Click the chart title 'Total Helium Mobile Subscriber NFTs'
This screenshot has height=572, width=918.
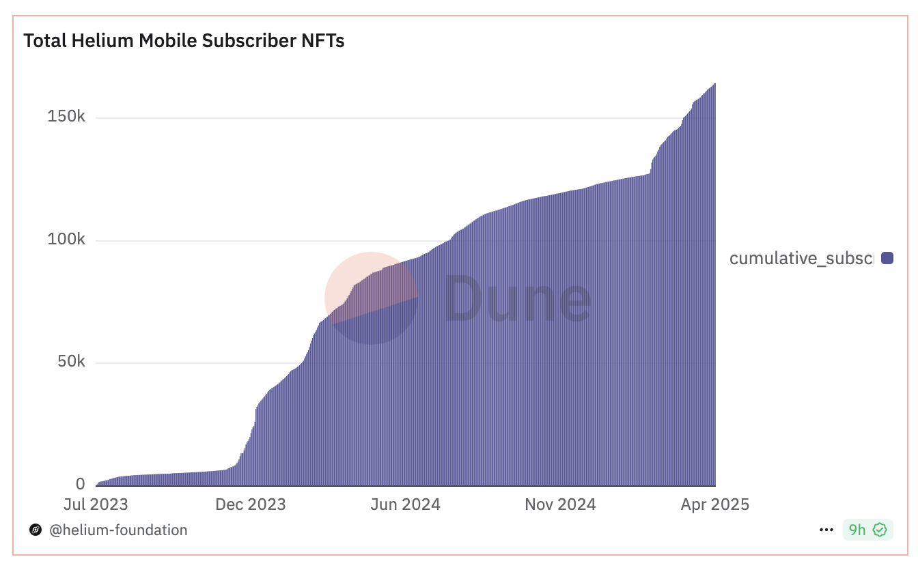184,41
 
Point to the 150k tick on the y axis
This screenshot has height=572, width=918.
66,117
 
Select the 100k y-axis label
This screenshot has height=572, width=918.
66,240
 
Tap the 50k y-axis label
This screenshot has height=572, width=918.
70,362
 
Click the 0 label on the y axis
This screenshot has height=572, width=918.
81,484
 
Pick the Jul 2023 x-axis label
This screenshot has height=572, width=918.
96,504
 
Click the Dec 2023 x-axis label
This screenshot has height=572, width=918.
251,504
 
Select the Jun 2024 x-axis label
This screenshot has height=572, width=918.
406,504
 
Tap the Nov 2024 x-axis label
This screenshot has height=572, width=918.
560,504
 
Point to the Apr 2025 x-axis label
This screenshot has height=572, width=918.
714,504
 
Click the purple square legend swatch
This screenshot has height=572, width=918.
887,258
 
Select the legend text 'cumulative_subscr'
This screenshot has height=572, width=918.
801,258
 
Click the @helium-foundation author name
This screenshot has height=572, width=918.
118,530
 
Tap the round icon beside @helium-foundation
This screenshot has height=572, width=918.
36,530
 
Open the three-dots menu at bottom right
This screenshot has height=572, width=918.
826,530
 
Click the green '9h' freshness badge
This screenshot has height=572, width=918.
857,530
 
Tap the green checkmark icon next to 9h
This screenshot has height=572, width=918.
880,530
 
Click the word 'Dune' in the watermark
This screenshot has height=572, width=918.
518,298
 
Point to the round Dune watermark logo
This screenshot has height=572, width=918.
371,298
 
